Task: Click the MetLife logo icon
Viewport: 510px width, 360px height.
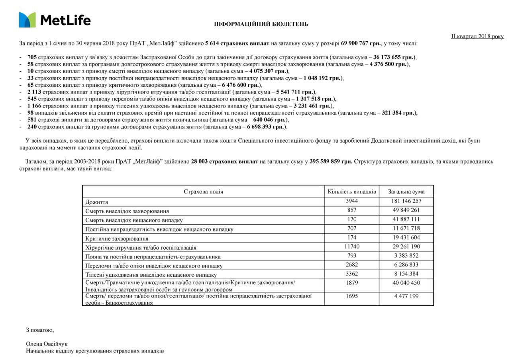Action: (x=27, y=20)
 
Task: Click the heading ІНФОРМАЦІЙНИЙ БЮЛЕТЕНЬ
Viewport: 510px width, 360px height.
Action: (x=261, y=24)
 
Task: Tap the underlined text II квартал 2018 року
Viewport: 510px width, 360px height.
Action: (x=477, y=36)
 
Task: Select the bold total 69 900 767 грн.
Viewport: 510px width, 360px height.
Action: (x=361, y=43)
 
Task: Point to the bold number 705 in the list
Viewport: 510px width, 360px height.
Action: (x=32, y=57)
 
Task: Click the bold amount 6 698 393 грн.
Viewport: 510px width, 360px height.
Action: (x=267, y=127)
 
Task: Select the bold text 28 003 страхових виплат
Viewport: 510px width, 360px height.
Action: (x=224, y=162)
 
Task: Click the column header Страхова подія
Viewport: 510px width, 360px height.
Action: (x=203, y=192)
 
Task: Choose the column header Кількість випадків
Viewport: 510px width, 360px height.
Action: (x=352, y=192)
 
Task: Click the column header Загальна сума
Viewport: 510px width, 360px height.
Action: (x=406, y=192)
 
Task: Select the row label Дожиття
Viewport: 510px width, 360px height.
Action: (x=96, y=202)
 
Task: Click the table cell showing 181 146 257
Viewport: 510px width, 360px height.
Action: (x=406, y=201)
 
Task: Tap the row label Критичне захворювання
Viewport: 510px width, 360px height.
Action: (x=117, y=239)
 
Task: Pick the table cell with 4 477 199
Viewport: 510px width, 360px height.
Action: (x=406, y=296)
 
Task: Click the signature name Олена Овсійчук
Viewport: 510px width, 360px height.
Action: (x=47, y=344)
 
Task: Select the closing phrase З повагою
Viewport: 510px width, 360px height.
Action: (x=40, y=330)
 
